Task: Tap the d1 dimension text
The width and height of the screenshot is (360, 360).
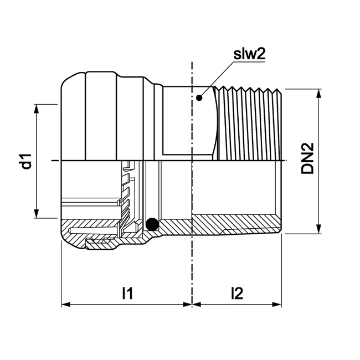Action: pos(24,161)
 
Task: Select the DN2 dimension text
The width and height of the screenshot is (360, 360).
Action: pos(308,160)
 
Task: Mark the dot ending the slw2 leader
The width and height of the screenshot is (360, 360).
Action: pos(199,97)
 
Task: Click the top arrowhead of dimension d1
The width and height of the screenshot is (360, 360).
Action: pos(37,109)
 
